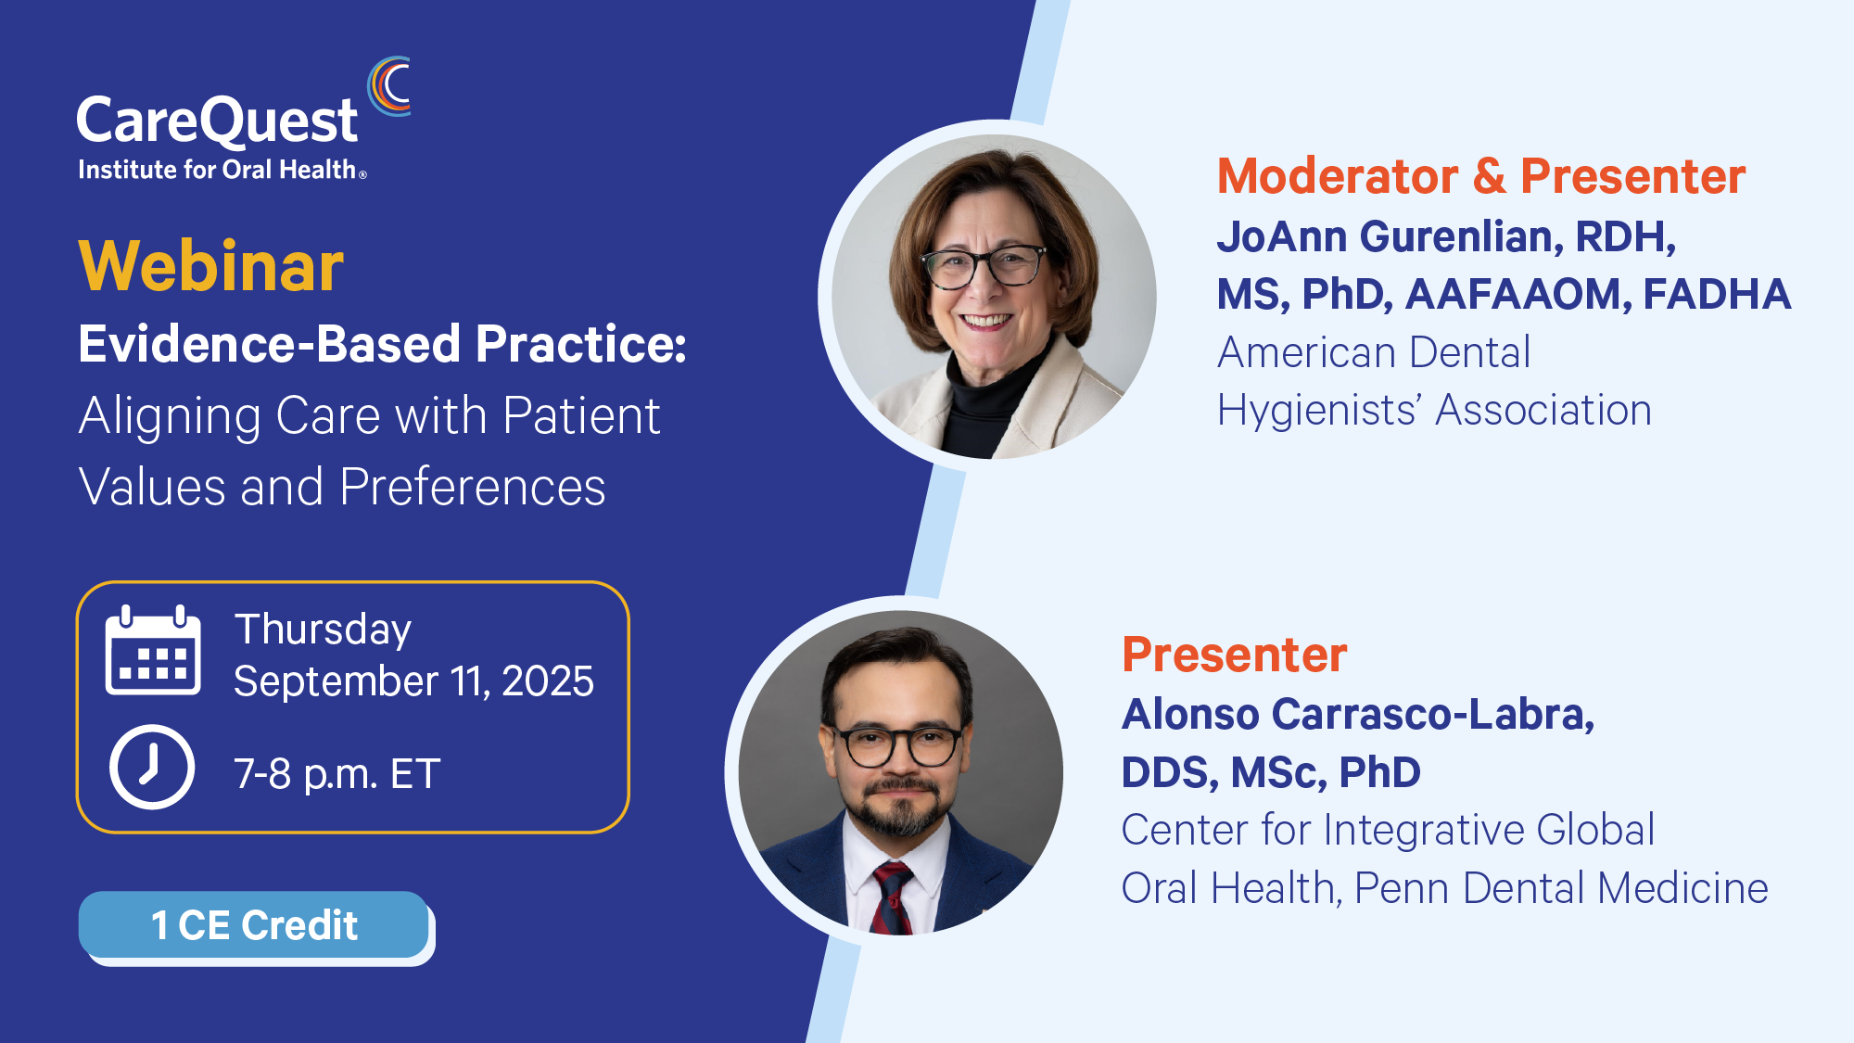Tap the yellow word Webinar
point(211,266)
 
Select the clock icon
point(152,767)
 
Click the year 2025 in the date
point(548,681)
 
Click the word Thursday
point(323,630)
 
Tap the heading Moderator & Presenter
point(1481,176)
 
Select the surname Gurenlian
point(1461,237)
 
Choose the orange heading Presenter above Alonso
point(1234,655)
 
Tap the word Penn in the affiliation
point(1402,888)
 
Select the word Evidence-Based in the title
point(270,344)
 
